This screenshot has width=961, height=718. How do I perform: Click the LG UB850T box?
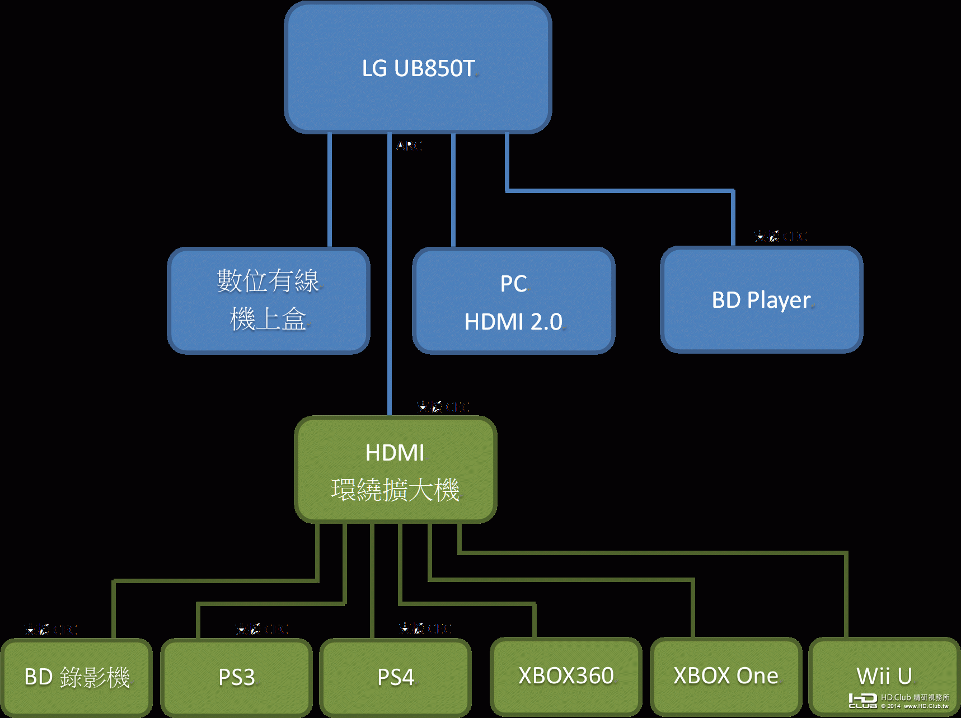(418, 68)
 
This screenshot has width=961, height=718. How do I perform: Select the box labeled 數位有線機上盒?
(269, 301)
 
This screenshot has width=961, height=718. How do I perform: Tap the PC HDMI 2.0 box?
(514, 301)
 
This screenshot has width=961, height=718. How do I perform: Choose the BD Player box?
(761, 300)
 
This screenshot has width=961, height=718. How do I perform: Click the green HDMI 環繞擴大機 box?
(395, 470)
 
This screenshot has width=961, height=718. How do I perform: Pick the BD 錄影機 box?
(77, 677)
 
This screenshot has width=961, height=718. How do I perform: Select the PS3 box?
(236, 677)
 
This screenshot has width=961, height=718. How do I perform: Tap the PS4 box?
(395, 677)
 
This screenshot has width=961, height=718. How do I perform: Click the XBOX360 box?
(566, 676)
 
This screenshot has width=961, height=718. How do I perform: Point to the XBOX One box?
(725, 676)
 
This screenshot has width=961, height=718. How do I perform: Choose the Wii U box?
(884, 676)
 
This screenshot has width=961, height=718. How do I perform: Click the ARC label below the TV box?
(409, 146)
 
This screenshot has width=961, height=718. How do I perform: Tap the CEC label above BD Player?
(780, 236)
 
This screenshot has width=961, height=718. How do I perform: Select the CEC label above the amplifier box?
(443, 406)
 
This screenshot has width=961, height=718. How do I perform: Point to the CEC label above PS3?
(261, 629)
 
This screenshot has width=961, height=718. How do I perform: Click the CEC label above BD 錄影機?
(50, 630)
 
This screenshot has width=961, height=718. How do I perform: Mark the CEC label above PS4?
(425, 628)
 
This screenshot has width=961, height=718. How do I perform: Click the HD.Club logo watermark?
(899, 701)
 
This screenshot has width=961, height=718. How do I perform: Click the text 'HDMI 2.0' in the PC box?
(514, 322)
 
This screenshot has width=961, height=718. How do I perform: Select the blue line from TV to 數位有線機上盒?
(330, 190)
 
